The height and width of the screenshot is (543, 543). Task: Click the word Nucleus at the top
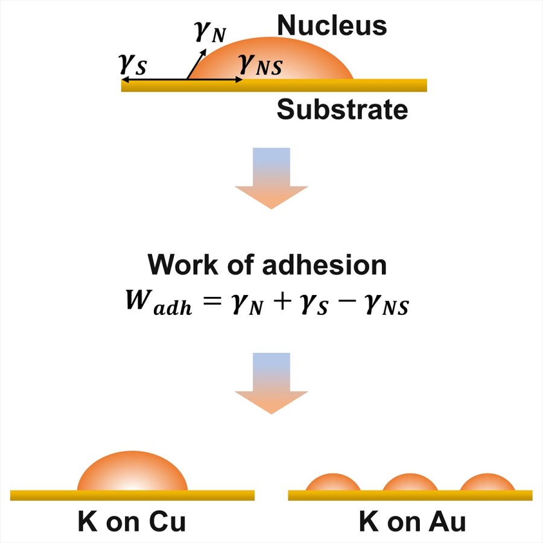[x=331, y=26]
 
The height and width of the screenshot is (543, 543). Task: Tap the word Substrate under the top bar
[x=342, y=110]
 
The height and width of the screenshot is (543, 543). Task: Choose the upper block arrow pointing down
[x=271, y=177]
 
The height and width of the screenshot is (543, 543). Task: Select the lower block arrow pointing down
[x=271, y=383]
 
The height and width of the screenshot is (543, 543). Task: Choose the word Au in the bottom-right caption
[x=446, y=522]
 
